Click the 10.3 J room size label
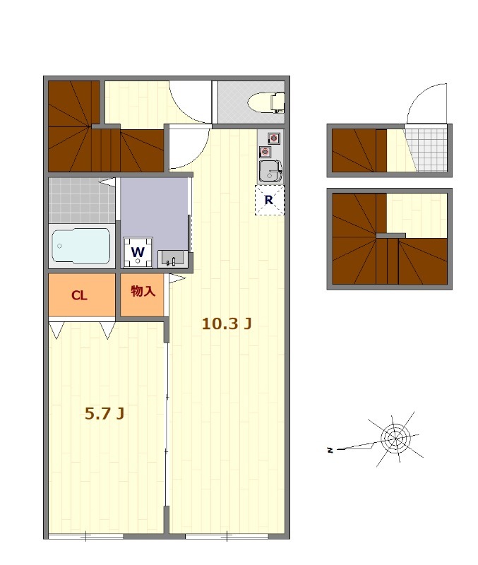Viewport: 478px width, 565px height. point(226,323)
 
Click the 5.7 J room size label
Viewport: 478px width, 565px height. point(104,413)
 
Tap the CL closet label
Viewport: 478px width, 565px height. point(79,295)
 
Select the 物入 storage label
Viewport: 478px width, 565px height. point(143,291)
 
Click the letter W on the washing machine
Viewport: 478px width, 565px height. point(138,251)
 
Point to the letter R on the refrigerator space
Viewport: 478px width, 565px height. point(269,200)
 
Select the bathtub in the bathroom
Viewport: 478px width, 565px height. point(81,246)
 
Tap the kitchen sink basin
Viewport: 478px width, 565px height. point(270,171)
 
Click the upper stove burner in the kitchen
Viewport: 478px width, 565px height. point(274,138)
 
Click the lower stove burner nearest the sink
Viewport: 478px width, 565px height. point(265,152)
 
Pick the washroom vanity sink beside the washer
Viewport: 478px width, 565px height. point(173,258)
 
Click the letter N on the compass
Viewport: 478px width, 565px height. point(330,450)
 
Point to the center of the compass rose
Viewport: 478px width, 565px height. point(395,438)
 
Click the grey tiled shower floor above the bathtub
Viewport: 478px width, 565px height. point(82,201)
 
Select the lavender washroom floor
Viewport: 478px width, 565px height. point(154,213)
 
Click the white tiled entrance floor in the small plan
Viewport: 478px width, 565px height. point(427,150)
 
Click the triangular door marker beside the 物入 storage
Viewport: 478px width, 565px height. point(177,278)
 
